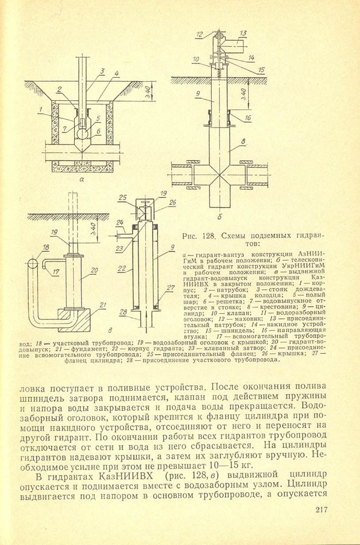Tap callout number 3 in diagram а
pyautogui.click(x=102, y=71)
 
